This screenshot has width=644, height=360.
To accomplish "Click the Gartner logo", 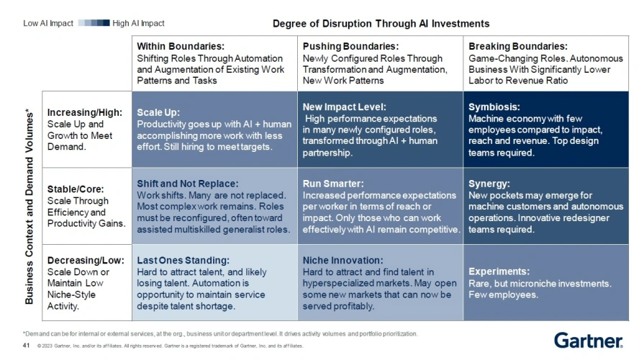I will [x=588, y=341].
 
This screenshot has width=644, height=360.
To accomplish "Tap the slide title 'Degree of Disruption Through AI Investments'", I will [x=381, y=24].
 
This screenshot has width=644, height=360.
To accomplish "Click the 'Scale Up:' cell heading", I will [x=158, y=113].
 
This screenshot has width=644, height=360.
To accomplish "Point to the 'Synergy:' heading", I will [x=489, y=184].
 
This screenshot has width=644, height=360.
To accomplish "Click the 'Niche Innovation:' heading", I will [x=343, y=261].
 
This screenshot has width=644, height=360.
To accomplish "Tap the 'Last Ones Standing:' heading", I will [x=183, y=261].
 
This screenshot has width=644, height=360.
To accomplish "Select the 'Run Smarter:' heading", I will [x=333, y=184].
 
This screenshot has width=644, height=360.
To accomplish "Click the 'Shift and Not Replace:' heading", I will [x=187, y=184].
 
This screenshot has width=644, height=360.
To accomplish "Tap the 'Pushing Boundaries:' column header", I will [x=350, y=46].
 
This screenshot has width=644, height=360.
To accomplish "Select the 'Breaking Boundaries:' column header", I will [x=517, y=46].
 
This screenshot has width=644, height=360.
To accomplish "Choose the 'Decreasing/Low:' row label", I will [x=82, y=261].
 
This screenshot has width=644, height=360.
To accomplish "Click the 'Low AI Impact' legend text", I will [x=48, y=23].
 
